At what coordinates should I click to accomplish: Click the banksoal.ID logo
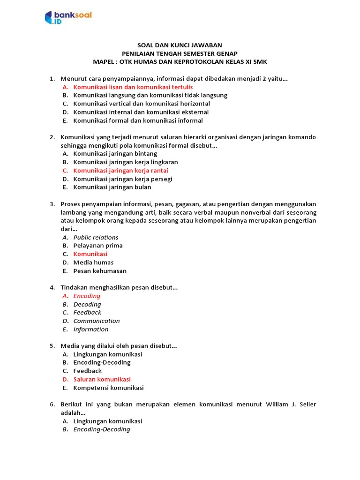click(x=68, y=17)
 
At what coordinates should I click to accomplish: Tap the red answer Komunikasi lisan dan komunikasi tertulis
click(x=133, y=87)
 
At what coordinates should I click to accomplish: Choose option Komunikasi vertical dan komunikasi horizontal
click(x=142, y=104)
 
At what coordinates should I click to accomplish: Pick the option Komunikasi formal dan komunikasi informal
click(x=138, y=120)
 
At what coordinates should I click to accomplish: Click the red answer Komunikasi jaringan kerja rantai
click(x=120, y=171)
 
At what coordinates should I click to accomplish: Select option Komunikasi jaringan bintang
click(x=115, y=154)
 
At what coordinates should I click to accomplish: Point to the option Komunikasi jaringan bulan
click(x=112, y=187)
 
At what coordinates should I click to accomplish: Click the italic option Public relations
click(x=96, y=237)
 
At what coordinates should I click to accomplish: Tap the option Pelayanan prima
click(x=98, y=246)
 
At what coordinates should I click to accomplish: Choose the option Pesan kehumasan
click(x=100, y=271)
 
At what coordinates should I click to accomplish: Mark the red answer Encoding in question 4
click(x=87, y=296)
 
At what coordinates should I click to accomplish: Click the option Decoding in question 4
click(x=87, y=304)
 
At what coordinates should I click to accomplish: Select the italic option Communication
click(x=97, y=321)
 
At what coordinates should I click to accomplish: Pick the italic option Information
click(x=91, y=330)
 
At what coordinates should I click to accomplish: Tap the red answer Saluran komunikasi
click(x=102, y=379)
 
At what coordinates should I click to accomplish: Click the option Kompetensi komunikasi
click(x=108, y=388)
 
